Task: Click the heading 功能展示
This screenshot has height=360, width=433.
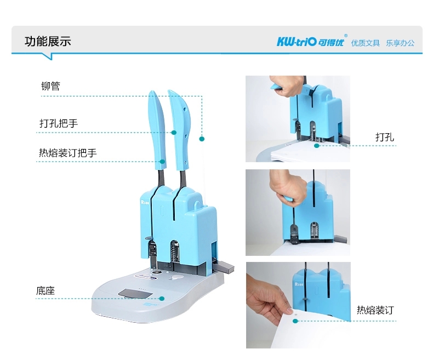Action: pos(48,42)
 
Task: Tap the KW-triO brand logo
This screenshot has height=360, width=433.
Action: pos(311,42)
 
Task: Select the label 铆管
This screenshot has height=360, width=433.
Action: pos(50,86)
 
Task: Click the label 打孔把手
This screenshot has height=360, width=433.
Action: pos(59,123)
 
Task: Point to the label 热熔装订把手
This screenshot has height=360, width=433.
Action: pos(67,153)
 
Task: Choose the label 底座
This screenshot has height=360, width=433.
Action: pos(45,291)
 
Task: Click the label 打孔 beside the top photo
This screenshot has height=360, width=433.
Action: pos(385,137)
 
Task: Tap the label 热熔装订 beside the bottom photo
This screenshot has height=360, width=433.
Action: pos(375,310)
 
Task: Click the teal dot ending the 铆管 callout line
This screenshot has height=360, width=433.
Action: pos(202,139)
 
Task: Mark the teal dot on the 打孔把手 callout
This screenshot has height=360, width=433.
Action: pos(174,133)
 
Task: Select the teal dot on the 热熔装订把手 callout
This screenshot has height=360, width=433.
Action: pos(162,162)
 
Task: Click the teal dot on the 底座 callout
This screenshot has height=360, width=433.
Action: pos(162,299)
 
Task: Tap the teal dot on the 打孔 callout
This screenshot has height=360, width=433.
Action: pos(317,146)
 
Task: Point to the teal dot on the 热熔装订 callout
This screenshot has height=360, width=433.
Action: pos(295,321)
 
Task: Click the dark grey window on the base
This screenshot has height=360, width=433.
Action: pos(135,294)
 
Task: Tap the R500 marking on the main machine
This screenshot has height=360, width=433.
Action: pos(145,202)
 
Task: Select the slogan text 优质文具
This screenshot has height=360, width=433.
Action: pos(366,43)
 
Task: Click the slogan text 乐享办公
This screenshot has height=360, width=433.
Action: pos(400,43)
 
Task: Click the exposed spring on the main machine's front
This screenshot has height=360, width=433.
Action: pos(174,252)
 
